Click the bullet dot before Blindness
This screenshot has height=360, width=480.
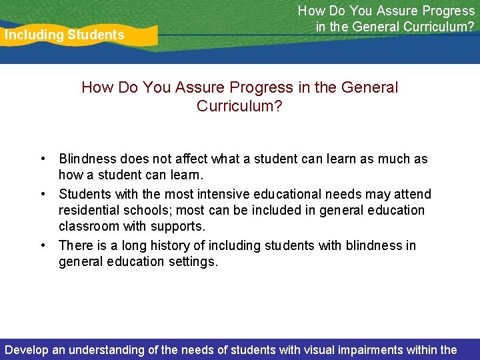[42, 159]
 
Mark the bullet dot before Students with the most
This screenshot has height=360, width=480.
[42, 194]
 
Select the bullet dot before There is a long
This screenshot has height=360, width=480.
[42, 246]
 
